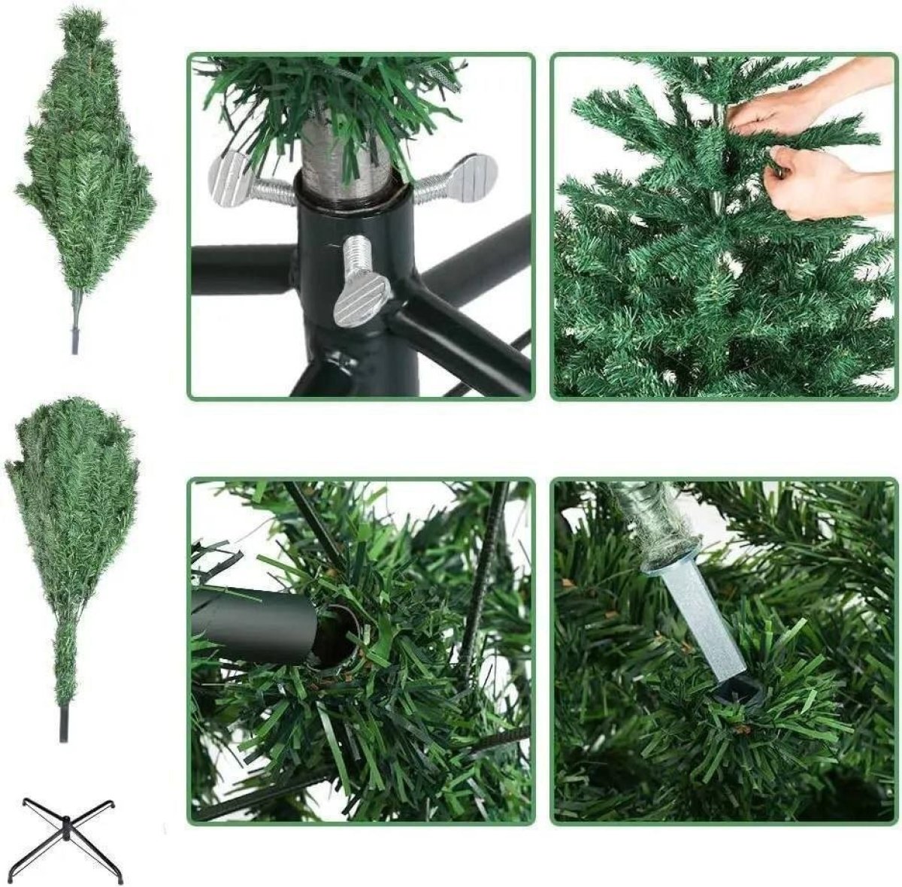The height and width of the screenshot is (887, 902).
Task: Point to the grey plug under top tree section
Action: [x=75, y=340]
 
